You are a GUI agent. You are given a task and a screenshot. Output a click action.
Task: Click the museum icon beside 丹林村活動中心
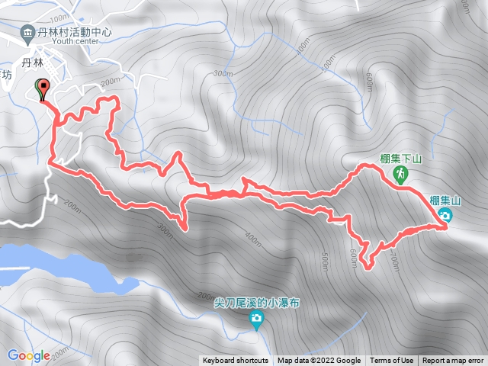(28, 32)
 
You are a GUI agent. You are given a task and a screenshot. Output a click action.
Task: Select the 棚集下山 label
(402, 160)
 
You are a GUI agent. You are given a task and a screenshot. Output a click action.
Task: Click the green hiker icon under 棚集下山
(400, 175)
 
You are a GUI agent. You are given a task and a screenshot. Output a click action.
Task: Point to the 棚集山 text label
(445, 201)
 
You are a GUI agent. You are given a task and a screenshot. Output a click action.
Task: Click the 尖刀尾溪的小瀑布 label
(257, 303)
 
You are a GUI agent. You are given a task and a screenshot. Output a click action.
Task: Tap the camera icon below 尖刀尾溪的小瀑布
(257, 318)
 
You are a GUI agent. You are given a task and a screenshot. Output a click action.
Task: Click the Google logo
(29, 355)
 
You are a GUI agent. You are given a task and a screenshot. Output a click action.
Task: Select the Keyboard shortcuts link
(236, 361)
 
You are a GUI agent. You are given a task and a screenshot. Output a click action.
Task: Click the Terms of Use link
(392, 361)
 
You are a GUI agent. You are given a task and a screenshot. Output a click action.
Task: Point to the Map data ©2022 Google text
(319, 361)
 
